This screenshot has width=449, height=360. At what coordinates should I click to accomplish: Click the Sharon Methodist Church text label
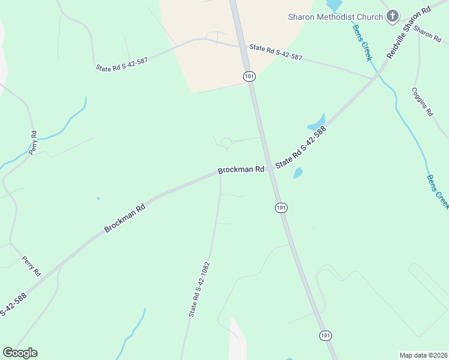(x=335, y=17)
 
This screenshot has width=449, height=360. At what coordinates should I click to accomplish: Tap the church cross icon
(x=393, y=16)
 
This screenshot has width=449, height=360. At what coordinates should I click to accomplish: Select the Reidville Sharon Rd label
(x=409, y=32)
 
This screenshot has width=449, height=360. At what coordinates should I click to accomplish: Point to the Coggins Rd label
(x=422, y=102)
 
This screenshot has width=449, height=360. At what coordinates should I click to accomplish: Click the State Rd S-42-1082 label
(x=199, y=289)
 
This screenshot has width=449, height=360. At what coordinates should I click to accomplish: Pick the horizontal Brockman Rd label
(x=241, y=170)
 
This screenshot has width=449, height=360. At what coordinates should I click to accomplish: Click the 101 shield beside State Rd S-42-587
(x=249, y=76)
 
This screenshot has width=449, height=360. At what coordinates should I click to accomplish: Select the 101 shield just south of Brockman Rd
(x=281, y=208)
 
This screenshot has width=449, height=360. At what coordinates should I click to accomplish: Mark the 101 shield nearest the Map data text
(x=325, y=335)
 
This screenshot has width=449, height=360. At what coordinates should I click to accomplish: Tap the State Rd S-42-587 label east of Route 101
(x=276, y=52)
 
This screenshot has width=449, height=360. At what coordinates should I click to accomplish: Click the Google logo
(x=20, y=353)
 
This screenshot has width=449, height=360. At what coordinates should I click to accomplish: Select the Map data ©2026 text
(x=423, y=355)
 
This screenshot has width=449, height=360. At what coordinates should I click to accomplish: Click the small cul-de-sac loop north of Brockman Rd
(x=226, y=142)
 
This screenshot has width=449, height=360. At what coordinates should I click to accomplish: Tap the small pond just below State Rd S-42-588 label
(x=298, y=173)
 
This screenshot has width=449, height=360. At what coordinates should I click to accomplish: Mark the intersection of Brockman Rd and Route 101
(x=270, y=169)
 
